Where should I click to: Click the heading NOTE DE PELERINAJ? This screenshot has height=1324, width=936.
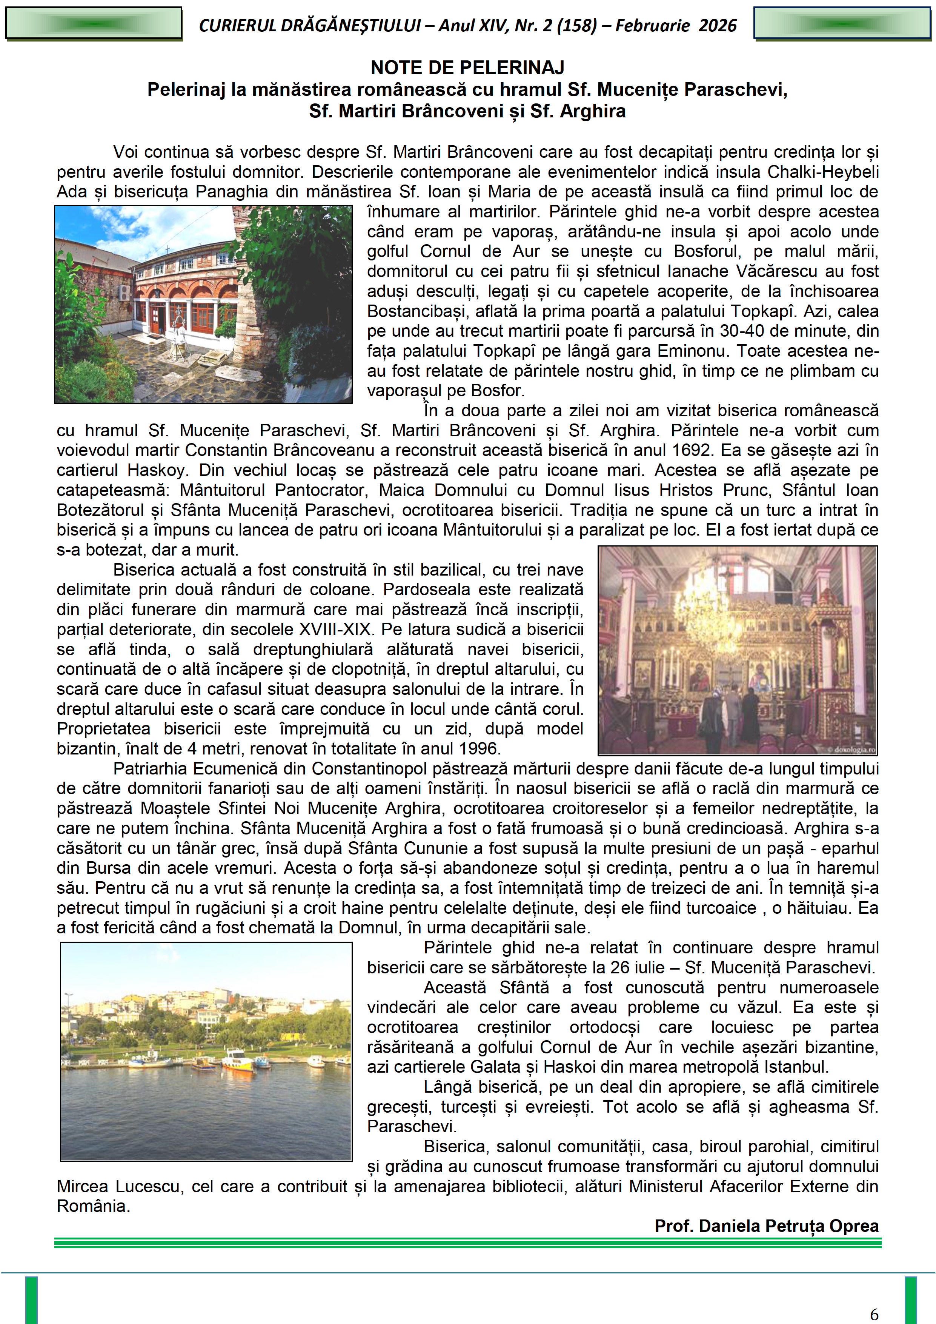coord(467,68)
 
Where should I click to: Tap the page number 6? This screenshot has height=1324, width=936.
coord(874,1314)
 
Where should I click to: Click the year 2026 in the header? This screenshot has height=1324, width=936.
coord(718,25)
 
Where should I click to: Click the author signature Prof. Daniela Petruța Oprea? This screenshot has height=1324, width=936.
coord(767,1226)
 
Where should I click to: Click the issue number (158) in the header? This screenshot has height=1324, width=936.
coord(576,25)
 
